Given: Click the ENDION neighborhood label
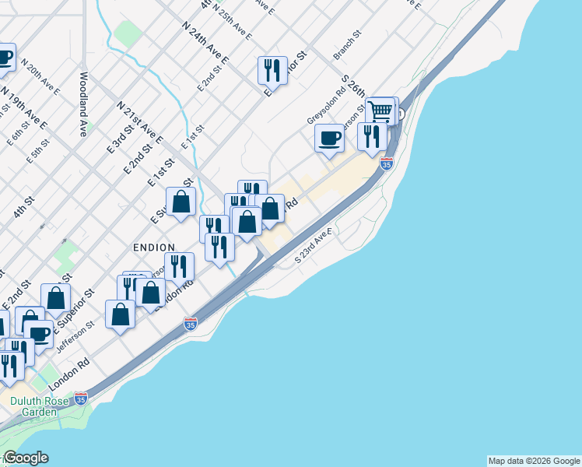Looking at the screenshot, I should click(x=153, y=247).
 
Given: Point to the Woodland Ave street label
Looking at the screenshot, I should click(x=82, y=104).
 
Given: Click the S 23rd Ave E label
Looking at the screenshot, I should click(x=314, y=247).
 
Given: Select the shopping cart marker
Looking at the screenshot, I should click(x=380, y=111).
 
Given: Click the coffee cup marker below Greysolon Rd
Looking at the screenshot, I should click(x=330, y=138).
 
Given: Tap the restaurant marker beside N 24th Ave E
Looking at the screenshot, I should click(x=272, y=71).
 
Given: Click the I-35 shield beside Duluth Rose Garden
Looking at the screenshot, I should click(x=81, y=399).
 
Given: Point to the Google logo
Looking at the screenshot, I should click(x=26, y=458).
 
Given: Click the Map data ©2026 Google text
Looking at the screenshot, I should click(x=534, y=461).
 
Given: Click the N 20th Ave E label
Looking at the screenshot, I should click(x=40, y=76).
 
